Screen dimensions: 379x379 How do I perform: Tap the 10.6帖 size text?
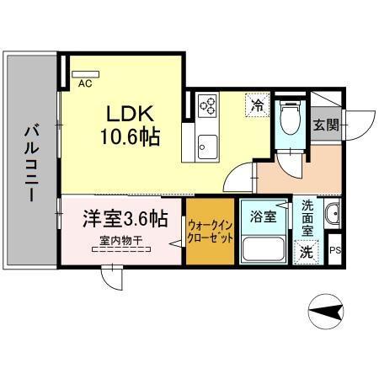click(132, 134)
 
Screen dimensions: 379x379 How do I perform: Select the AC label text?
click(84, 84)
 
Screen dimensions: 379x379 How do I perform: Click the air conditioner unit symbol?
click(86, 73)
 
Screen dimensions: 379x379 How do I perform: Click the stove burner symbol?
click(207, 105)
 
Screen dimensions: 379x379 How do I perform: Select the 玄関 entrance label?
click(327, 125)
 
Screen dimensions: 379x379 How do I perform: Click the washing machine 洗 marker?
click(307, 251)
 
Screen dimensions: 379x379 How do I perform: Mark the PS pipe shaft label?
click(335, 250)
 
